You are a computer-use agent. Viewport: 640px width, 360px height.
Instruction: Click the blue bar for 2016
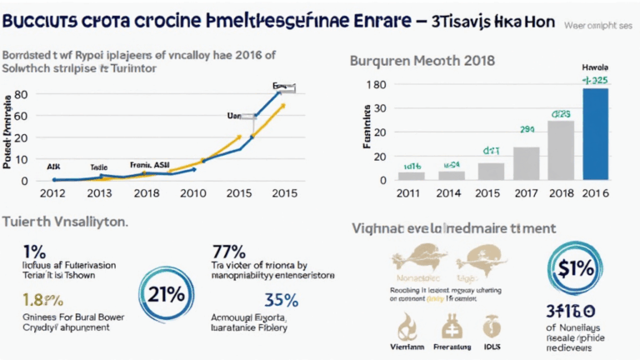[595, 134]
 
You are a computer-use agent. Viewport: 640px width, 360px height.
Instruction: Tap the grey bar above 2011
[412, 176]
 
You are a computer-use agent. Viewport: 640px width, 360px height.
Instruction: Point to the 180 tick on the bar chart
[376, 86]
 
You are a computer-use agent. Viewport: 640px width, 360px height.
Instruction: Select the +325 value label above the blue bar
[596, 81]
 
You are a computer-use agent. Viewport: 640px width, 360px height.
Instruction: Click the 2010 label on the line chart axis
[193, 193]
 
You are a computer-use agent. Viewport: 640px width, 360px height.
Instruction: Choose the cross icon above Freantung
[453, 324]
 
